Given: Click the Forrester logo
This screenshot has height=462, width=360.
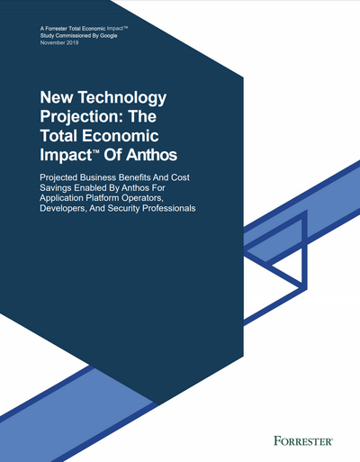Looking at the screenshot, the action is (303, 441).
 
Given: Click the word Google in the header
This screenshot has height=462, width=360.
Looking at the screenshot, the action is (109, 36).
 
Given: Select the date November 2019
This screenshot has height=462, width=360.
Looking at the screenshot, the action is (59, 42).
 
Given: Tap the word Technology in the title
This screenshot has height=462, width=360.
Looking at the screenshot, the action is (122, 98).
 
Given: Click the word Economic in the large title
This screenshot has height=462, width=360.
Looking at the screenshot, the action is (121, 135).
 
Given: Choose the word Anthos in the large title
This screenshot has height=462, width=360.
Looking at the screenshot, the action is (151, 155).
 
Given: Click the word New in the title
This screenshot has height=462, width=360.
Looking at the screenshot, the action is (57, 97).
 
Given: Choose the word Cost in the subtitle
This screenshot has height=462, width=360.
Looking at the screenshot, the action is (180, 177).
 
